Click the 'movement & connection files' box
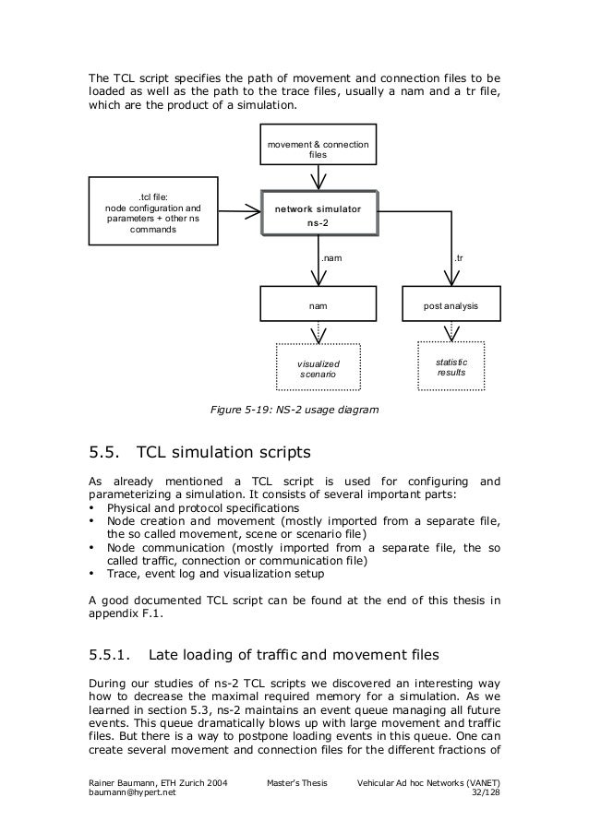coord(318,149)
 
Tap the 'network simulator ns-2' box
coord(318,216)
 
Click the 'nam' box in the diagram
coord(318,303)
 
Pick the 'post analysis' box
coord(451,303)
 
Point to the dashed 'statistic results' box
coord(451,367)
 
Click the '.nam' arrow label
coord(331,260)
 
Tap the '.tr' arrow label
coord(459,260)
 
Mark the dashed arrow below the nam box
coord(318,332)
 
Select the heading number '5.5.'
coord(104,453)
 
